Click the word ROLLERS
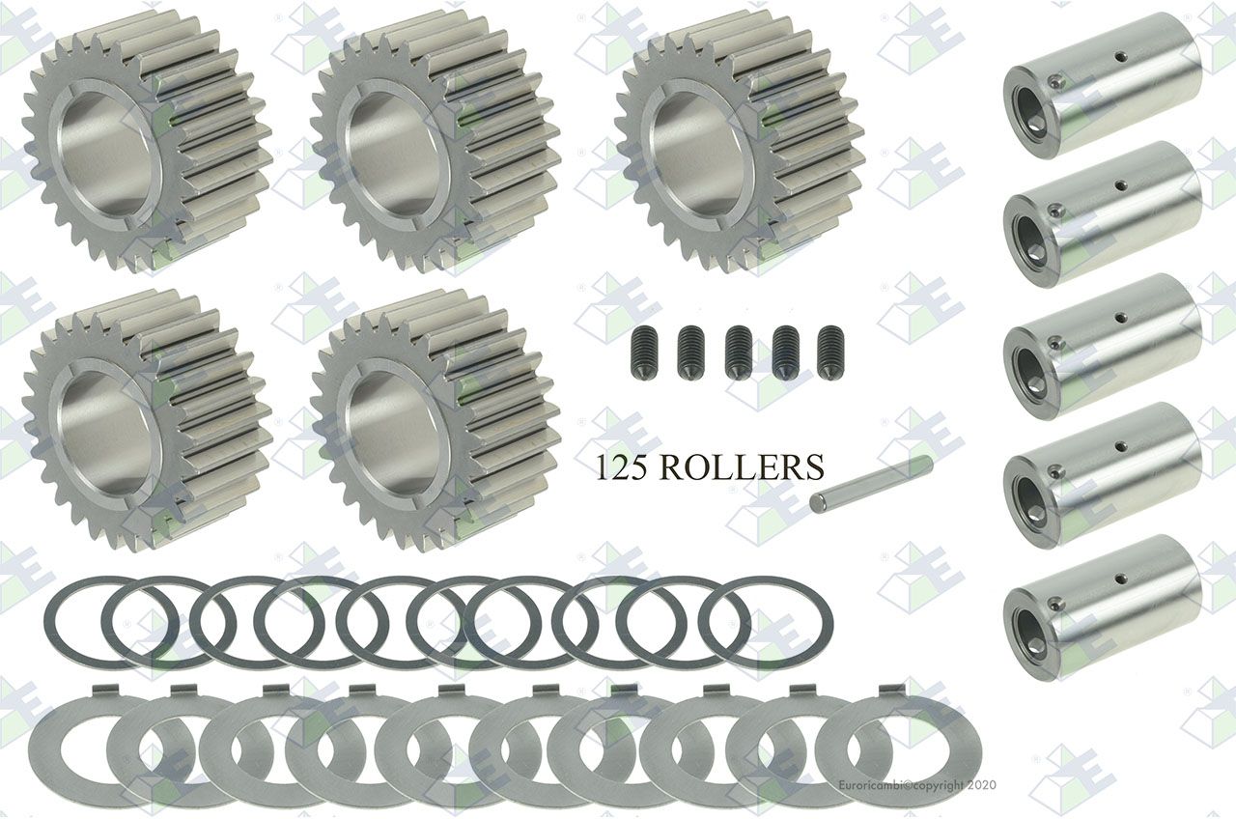[741, 467]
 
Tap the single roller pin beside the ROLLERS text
[871, 484]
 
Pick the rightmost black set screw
[831, 353]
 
